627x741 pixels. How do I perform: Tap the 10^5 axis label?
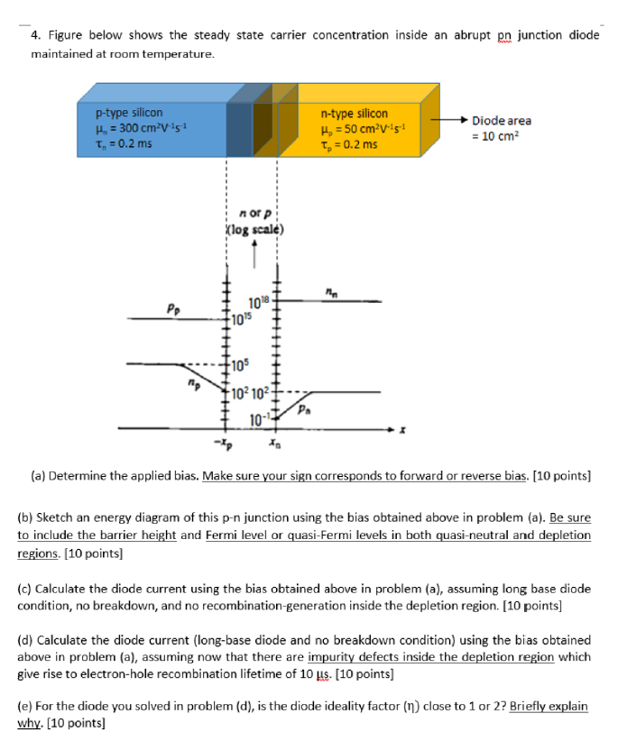pyautogui.click(x=238, y=365)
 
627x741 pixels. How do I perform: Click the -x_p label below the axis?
pyautogui.click(x=220, y=444)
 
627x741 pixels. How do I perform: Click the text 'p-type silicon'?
pyautogui.click(x=128, y=113)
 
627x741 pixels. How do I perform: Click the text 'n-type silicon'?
pyautogui.click(x=354, y=114)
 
